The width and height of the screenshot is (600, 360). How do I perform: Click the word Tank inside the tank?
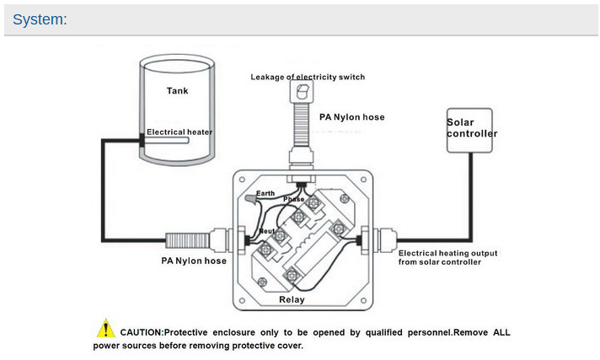(177, 90)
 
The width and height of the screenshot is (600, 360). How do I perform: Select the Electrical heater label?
(179, 132)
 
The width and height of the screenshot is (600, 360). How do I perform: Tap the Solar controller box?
(471, 128)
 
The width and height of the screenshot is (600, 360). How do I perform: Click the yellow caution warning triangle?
(105, 329)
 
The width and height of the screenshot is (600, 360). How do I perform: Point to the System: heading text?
(40, 19)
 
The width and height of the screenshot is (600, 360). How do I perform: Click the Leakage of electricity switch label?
(308, 77)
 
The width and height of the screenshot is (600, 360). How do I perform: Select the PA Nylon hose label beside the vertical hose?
(351, 117)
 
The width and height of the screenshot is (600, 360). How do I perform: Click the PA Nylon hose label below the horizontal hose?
(194, 261)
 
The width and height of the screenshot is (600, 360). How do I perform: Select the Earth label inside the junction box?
(265, 193)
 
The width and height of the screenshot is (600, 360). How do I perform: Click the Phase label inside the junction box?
(292, 199)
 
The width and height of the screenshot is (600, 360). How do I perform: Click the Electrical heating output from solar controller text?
(447, 257)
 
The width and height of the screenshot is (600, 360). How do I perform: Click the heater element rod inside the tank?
(173, 143)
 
